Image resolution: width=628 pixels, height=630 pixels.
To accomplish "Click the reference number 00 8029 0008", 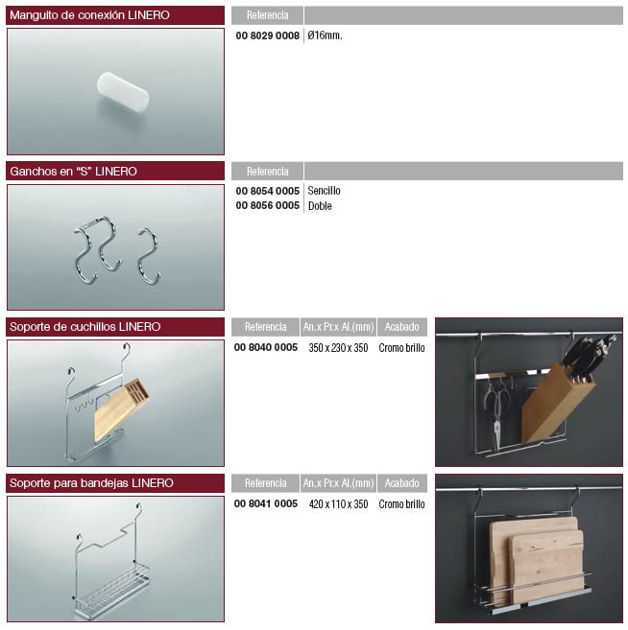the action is [268, 35].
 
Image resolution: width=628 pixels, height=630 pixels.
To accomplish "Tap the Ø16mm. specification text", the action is [325, 35].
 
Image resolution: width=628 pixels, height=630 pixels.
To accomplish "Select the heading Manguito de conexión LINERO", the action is [89, 15].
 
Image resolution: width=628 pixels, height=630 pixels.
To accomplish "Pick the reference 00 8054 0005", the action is [268, 191].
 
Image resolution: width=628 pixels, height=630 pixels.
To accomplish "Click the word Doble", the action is [320, 206].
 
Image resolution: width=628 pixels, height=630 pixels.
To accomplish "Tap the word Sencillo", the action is [324, 191].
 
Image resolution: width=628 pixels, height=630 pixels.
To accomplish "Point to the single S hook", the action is [149, 255].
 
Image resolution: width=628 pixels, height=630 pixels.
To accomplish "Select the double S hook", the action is [97, 249].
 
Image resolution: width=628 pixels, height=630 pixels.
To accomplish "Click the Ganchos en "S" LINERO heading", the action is [73, 172].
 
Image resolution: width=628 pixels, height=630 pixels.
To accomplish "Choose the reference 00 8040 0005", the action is [266, 347].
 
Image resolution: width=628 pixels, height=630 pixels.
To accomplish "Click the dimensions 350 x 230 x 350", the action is [338, 348].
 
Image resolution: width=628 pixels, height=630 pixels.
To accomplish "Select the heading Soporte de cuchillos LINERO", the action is [85, 327].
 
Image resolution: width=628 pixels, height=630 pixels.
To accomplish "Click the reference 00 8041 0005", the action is [266, 503].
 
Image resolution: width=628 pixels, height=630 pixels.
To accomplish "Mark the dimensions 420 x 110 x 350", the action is [338, 504].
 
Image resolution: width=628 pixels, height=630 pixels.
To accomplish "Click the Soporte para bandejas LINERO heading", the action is [91, 483].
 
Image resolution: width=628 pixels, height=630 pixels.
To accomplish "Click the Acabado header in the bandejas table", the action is [402, 483].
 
